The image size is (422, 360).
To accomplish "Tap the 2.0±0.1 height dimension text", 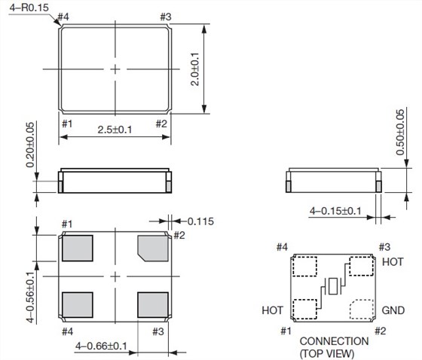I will tap(194, 69).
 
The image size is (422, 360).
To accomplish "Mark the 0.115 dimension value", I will tap(201, 221).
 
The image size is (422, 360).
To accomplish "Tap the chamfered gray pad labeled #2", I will tap(153, 247).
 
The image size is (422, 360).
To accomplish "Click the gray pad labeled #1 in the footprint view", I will tap(76, 247).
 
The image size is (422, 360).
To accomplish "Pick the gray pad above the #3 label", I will tap(153, 305).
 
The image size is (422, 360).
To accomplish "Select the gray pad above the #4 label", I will tap(76, 305).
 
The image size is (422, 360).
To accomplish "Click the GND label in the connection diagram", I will tap(393, 310).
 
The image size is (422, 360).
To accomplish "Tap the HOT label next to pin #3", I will tap(393, 262).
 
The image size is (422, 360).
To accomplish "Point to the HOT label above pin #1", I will tap(273, 310).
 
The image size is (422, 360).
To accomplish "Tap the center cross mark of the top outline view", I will tap(115, 69).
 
